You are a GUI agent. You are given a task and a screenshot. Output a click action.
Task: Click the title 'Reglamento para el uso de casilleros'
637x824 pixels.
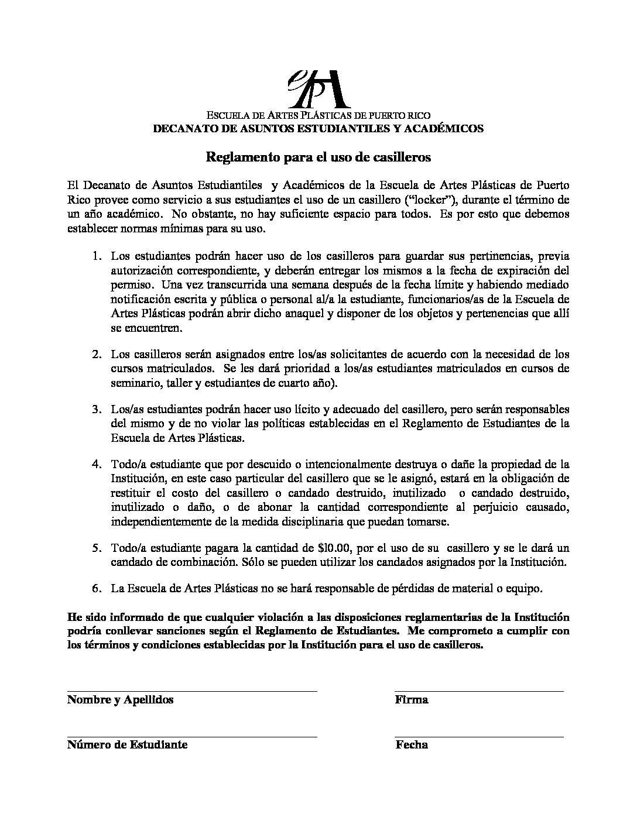click(x=318, y=157)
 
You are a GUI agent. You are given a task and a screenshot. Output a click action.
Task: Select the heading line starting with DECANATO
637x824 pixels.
click(x=318, y=129)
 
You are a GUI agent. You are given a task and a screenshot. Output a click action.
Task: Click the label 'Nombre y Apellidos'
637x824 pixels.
click(x=120, y=700)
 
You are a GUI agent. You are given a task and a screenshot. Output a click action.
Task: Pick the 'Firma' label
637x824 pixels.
click(x=412, y=700)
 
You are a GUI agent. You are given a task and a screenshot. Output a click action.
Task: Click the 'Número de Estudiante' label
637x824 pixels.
click(x=127, y=745)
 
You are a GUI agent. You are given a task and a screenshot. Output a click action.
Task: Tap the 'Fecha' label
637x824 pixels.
click(x=412, y=745)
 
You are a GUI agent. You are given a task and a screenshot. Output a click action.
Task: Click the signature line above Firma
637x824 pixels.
click(x=479, y=691)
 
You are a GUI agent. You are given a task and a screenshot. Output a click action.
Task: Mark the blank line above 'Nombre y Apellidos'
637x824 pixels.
click(x=192, y=691)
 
